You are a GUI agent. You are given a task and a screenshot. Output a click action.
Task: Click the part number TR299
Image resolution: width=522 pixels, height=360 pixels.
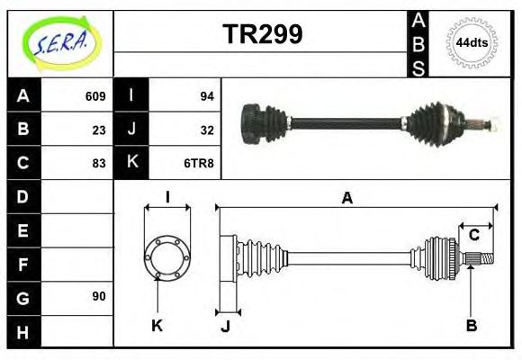pyautogui.click(x=262, y=34)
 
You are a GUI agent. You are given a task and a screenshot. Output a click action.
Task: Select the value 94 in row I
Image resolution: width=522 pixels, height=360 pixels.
pyautogui.click(x=206, y=96)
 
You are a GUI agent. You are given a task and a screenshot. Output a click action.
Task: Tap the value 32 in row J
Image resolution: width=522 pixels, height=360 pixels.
pyautogui.click(x=206, y=130)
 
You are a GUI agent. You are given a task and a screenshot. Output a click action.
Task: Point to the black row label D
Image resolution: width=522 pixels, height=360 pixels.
pyautogui.click(x=23, y=196)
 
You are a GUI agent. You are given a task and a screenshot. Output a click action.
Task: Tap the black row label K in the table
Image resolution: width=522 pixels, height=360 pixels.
pyautogui.click(x=131, y=163)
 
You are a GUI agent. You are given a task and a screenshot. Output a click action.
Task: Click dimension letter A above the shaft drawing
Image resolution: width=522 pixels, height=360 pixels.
pyautogui.click(x=346, y=199)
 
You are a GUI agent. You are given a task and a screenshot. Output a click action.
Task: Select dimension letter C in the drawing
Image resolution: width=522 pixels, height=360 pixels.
pyautogui.click(x=473, y=235)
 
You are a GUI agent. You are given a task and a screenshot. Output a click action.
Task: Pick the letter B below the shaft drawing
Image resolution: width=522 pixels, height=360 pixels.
pyautogui.click(x=471, y=325)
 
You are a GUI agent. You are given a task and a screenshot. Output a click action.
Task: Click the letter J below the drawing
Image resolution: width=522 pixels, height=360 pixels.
pyautogui.click(x=225, y=326)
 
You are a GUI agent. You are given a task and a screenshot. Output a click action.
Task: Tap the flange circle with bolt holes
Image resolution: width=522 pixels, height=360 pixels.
pyautogui.click(x=167, y=257)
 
